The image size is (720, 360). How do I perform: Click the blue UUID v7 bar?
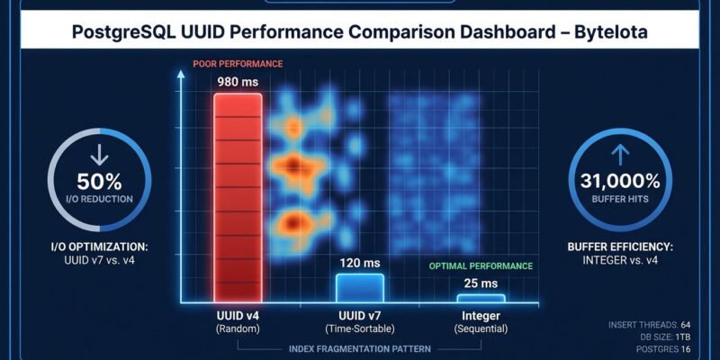pyautogui.click(x=360, y=288)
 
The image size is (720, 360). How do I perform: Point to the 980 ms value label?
pyautogui.click(x=238, y=81)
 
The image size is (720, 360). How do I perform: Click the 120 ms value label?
pyautogui.click(x=360, y=263)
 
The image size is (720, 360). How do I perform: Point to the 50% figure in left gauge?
pyautogui.click(x=92, y=179)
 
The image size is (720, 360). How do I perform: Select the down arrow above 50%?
pyautogui.click(x=92, y=151)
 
